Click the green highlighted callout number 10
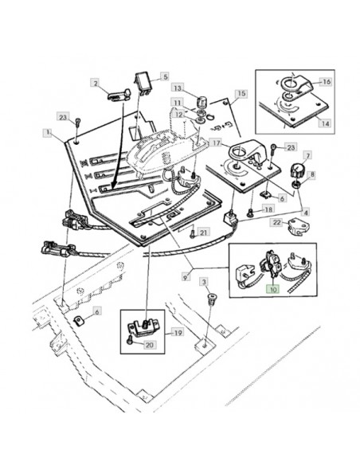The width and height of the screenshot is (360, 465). [273, 288]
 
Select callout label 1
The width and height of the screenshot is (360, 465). [47, 132]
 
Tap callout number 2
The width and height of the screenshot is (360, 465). [95, 83]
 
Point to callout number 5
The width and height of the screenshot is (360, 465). [165, 76]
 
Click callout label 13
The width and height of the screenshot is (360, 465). [177, 88]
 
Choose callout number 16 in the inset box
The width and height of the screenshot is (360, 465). [327, 81]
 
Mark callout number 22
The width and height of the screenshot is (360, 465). [276, 222]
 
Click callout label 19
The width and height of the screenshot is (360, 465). [178, 333]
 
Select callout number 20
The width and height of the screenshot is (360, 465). [150, 345]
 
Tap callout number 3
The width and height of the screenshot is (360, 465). [204, 281]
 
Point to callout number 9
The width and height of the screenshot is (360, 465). [186, 277]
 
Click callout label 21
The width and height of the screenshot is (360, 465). [203, 232]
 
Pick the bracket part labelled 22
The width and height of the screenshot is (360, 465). [299, 227]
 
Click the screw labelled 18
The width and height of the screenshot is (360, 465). [250, 212]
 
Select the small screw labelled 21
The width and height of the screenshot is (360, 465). [193, 234]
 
